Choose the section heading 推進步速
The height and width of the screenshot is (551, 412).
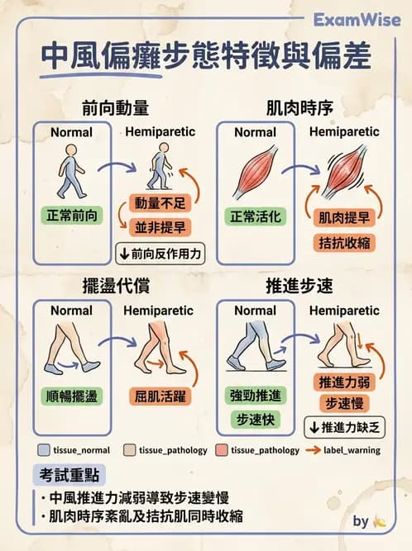(299, 287)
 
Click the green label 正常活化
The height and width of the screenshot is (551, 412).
(255, 216)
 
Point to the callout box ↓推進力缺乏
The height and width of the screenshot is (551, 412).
(343, 427)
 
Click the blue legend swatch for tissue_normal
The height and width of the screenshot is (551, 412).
(44, 450)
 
